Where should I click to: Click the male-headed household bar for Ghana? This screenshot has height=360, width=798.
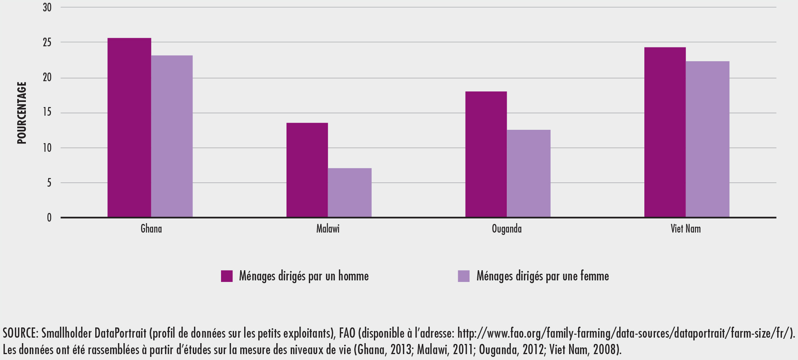coord(129,127)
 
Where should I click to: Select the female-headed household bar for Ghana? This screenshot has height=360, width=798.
coord(172,136)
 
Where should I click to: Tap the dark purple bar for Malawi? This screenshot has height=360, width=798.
coord(307,170)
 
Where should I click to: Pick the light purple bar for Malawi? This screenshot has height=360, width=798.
coord(350,193)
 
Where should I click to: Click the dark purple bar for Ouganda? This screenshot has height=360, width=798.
coord(486,154)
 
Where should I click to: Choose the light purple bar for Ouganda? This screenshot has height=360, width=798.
coord(529,173)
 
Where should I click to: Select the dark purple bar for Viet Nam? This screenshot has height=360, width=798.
coord(665,132)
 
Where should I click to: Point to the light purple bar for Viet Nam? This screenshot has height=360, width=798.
coord(707,139)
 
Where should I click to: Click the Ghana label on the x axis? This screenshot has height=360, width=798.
coord(151,229)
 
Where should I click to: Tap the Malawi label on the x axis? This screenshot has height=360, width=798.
coord(328,229)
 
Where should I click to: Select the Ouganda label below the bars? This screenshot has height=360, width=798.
coord(507,229)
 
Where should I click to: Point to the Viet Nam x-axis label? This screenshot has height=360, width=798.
coord(686,229)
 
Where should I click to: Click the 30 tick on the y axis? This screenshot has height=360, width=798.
coord(47,7)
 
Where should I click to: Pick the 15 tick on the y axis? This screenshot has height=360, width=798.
coord(47,113)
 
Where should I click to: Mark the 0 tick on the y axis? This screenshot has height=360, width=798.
coord(49,218)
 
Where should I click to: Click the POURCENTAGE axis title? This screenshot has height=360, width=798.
coord(22,113)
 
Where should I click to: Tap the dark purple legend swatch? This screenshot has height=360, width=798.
coord(227,276)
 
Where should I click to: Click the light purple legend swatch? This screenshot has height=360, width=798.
coord(464,276)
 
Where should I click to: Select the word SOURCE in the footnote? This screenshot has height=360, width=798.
coord(20,333)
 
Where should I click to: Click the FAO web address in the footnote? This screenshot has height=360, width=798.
coord(623,333)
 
